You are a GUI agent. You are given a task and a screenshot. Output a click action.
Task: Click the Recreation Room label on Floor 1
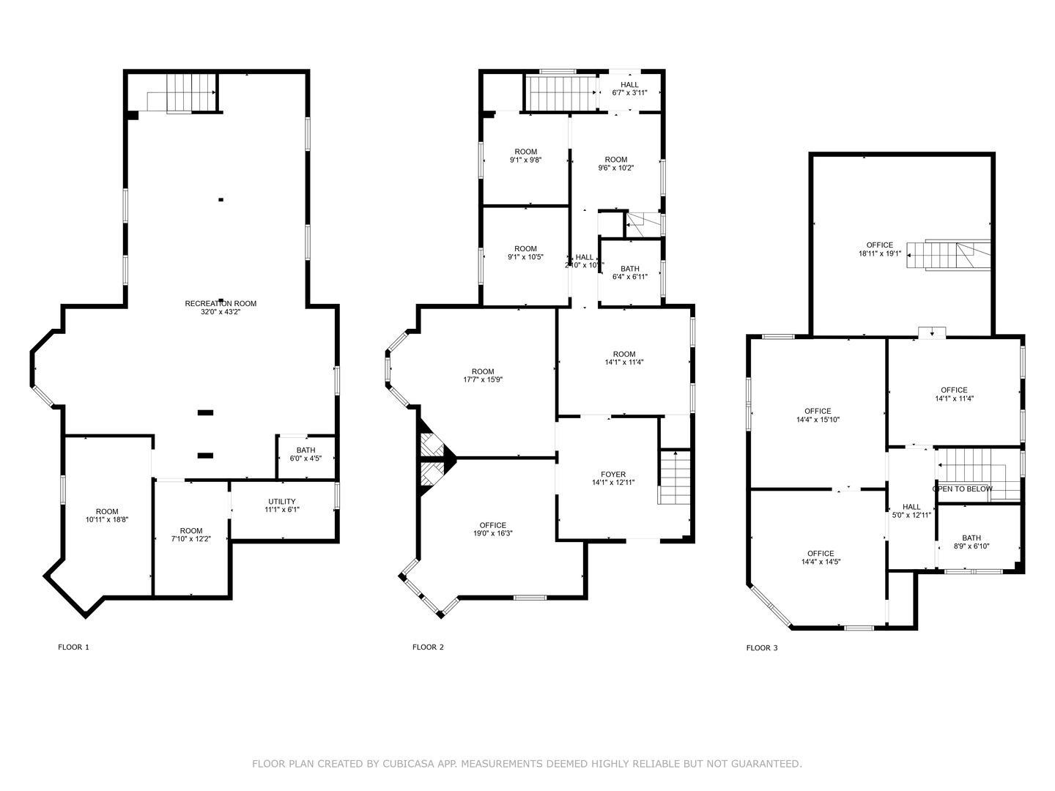(x=221, y=307)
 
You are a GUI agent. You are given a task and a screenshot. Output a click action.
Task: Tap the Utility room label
(x=282, y=505)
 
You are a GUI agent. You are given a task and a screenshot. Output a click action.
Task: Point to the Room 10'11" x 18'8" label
(x=107, y=516)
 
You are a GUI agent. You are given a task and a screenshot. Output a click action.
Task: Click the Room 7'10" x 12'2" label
(x=191, y=535)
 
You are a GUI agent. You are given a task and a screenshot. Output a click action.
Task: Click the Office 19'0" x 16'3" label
(x=492, y=530)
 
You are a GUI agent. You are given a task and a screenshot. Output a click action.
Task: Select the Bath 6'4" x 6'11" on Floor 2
(x=630, y=272)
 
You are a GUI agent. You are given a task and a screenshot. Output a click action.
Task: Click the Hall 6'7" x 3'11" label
(x=630, y=89)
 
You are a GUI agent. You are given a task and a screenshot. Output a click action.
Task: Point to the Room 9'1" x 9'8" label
(x=526, y=156)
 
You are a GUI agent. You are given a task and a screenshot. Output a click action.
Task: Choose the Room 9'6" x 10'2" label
(x=616, y=163)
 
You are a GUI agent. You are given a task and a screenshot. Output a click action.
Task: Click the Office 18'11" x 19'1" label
(x=880, y=249)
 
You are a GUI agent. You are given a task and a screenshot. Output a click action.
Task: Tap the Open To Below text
(x=962, y=489)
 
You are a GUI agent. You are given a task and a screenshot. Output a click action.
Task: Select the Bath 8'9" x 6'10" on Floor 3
(x=971, y=542)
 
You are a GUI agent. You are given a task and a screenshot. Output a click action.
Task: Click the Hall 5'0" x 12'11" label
(x=911, y=510)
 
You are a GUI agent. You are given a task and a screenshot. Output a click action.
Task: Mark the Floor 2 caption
(x=428, y=647)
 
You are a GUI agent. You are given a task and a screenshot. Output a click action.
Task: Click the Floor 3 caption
(x=762, y=647)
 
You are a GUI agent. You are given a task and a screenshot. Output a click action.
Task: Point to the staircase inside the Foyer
(x=675, y=477)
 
